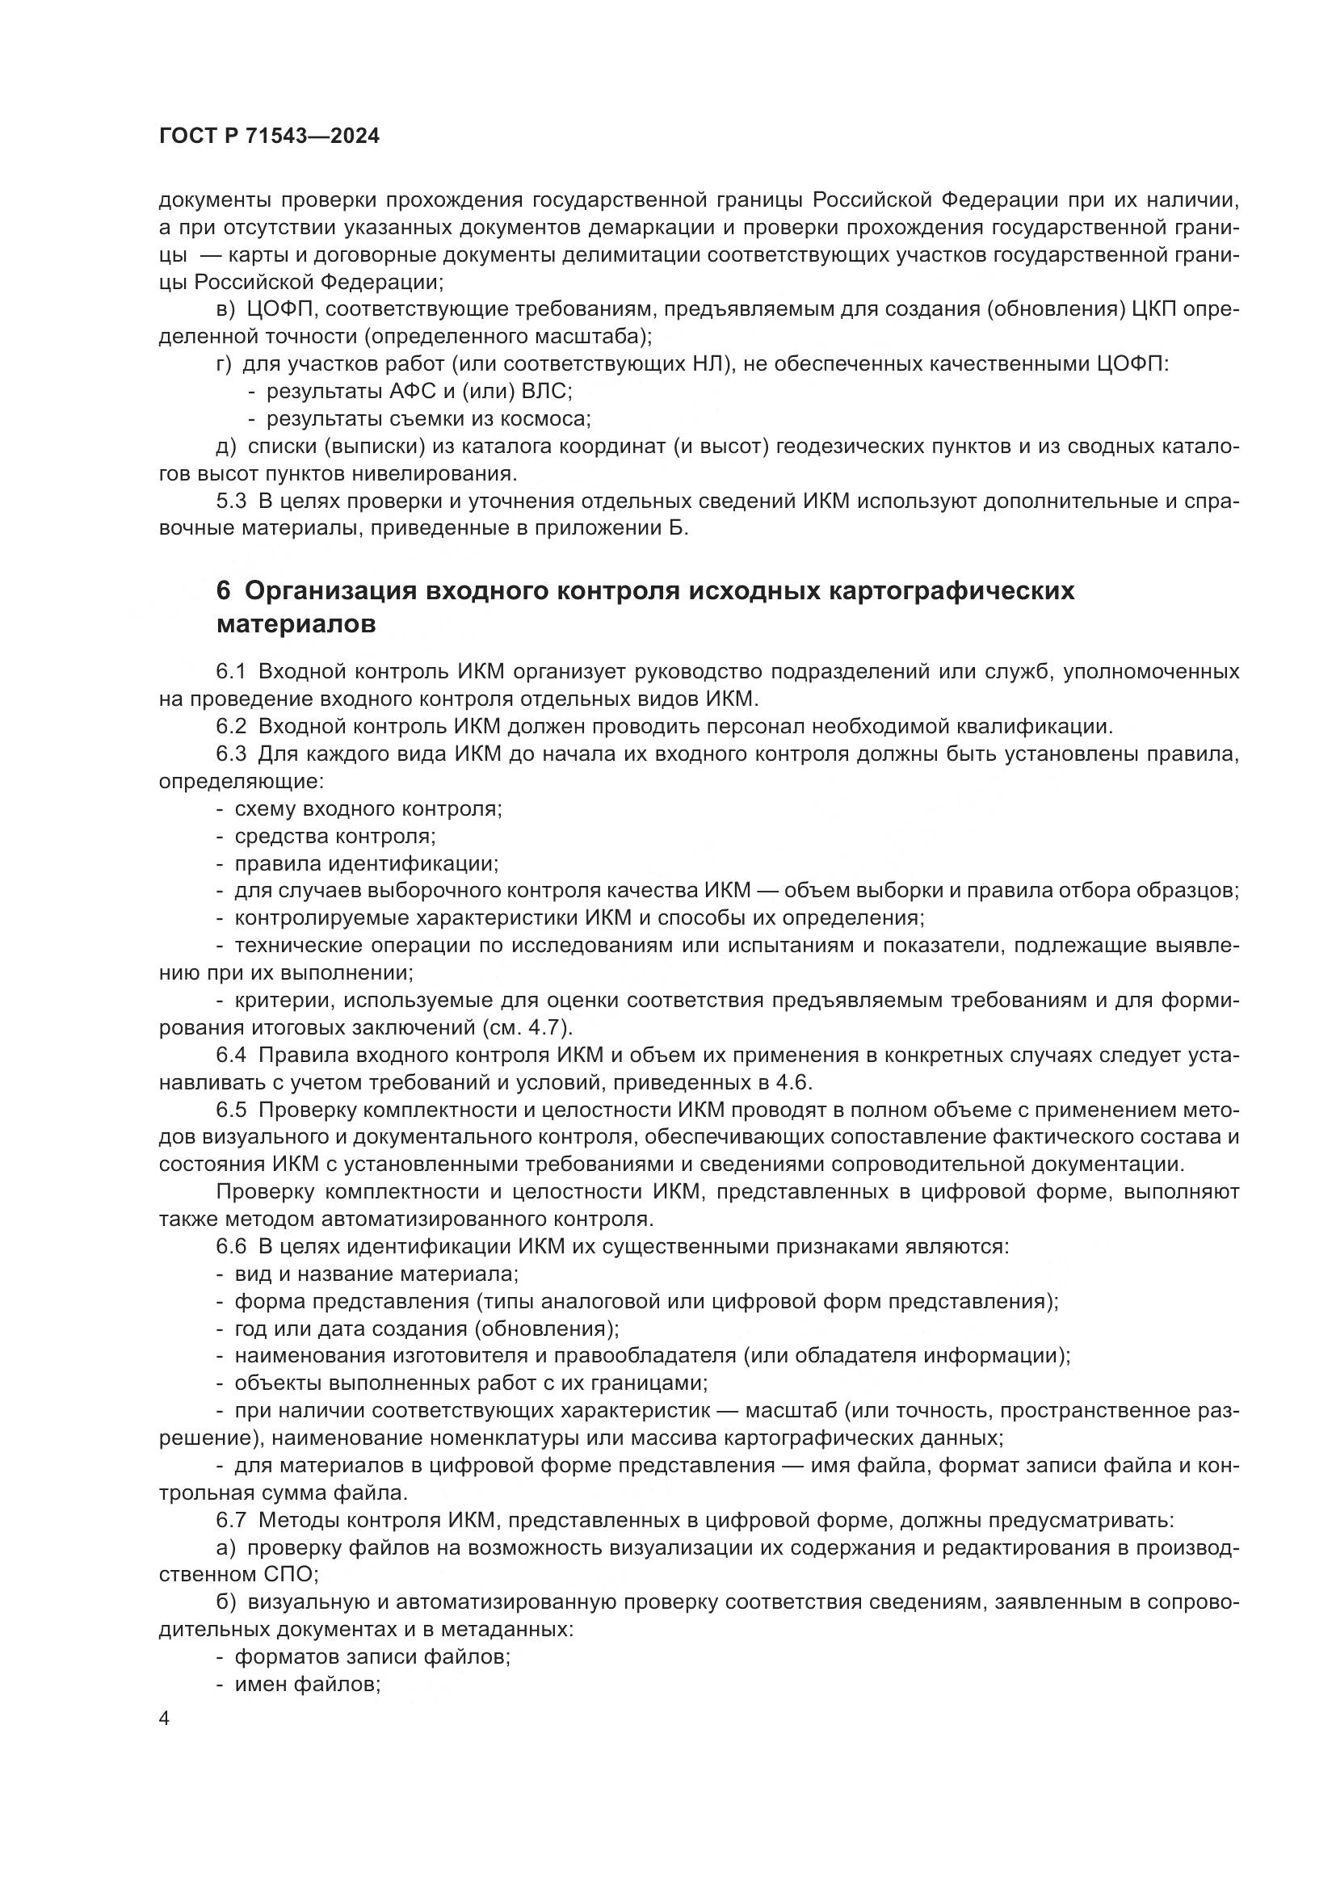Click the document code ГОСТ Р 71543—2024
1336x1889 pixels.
point(269,136)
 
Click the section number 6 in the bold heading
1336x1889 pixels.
point(223,590)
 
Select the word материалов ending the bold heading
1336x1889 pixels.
point(296,623)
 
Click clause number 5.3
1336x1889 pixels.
point(231,501)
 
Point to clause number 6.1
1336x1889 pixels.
point(231,671)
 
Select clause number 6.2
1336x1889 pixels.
point(231,727)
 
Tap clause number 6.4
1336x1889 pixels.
point(231,1055)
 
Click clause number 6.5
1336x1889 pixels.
point(231,1110)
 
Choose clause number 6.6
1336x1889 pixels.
point(231,1246)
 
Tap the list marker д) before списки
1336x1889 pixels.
point(225,447)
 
